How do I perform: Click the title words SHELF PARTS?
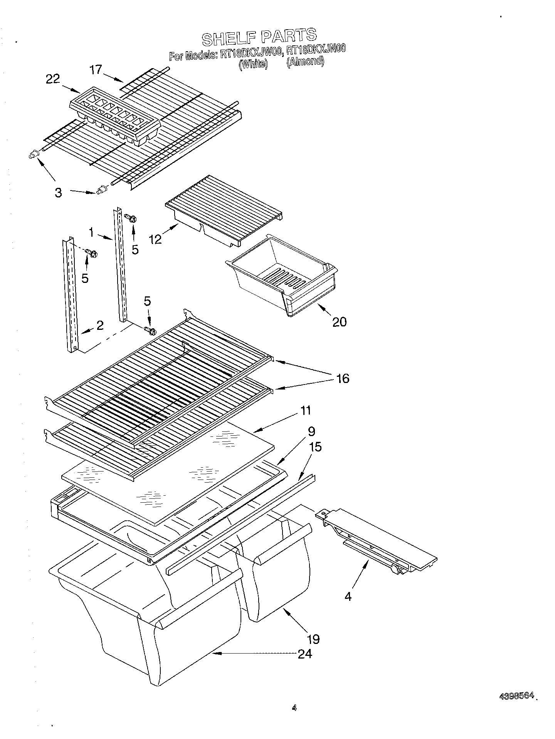(259, 37)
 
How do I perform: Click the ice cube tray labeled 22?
(115, 115)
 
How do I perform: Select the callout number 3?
(58, 192)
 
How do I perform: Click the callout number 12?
(155, 239)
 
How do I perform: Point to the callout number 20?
(339, 322)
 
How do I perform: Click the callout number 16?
(343, 378)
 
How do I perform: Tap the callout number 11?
(305, 411)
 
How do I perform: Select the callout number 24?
(304, 654)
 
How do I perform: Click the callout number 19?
(313, 639)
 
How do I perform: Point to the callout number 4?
(348, 597)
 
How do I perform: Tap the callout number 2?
(100, 326)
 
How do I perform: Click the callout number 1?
(91, 232)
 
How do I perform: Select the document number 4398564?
(517, 696)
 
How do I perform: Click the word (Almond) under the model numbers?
(305, 61)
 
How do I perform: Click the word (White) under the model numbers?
(253, 64)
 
